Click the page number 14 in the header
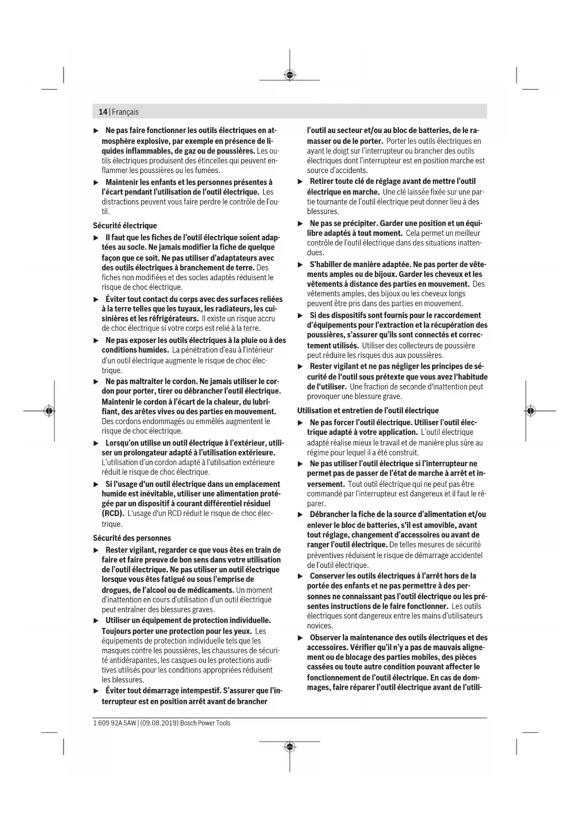coord(103,112)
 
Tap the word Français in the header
coord(125,112)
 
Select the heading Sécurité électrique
coord(125,225)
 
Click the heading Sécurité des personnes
coord(132,538)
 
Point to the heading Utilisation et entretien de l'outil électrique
coord(368,411)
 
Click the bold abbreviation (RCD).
coord(113,513)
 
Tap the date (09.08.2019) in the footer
coord(159,723)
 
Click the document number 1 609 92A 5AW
coord(114,723)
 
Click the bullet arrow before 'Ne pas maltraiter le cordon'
coord(96,381)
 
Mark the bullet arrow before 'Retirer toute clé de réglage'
coord(301,181)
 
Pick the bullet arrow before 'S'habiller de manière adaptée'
coord(301,265)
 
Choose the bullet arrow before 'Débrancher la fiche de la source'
coord(301,515)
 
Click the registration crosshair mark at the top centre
coord(290,75)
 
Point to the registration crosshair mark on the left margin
coord(49,411)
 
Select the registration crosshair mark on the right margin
coord(530,411)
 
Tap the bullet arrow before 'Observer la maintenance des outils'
coord(301,638)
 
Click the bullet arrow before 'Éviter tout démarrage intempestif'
coord(96,691)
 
